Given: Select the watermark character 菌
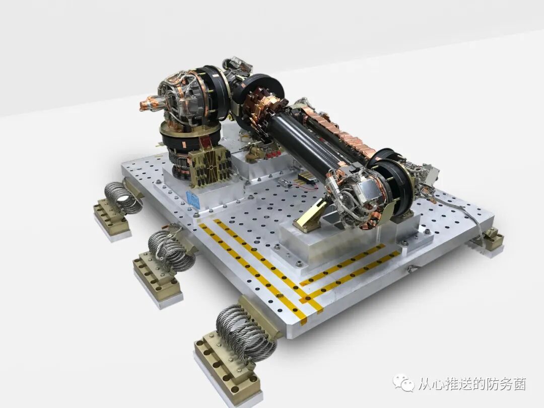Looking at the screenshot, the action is click(519, 383).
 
